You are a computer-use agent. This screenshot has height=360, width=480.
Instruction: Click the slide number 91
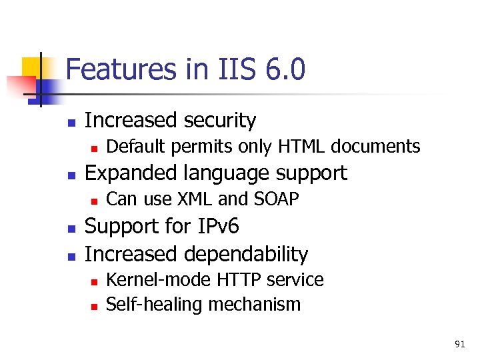(x=459, y=344)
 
